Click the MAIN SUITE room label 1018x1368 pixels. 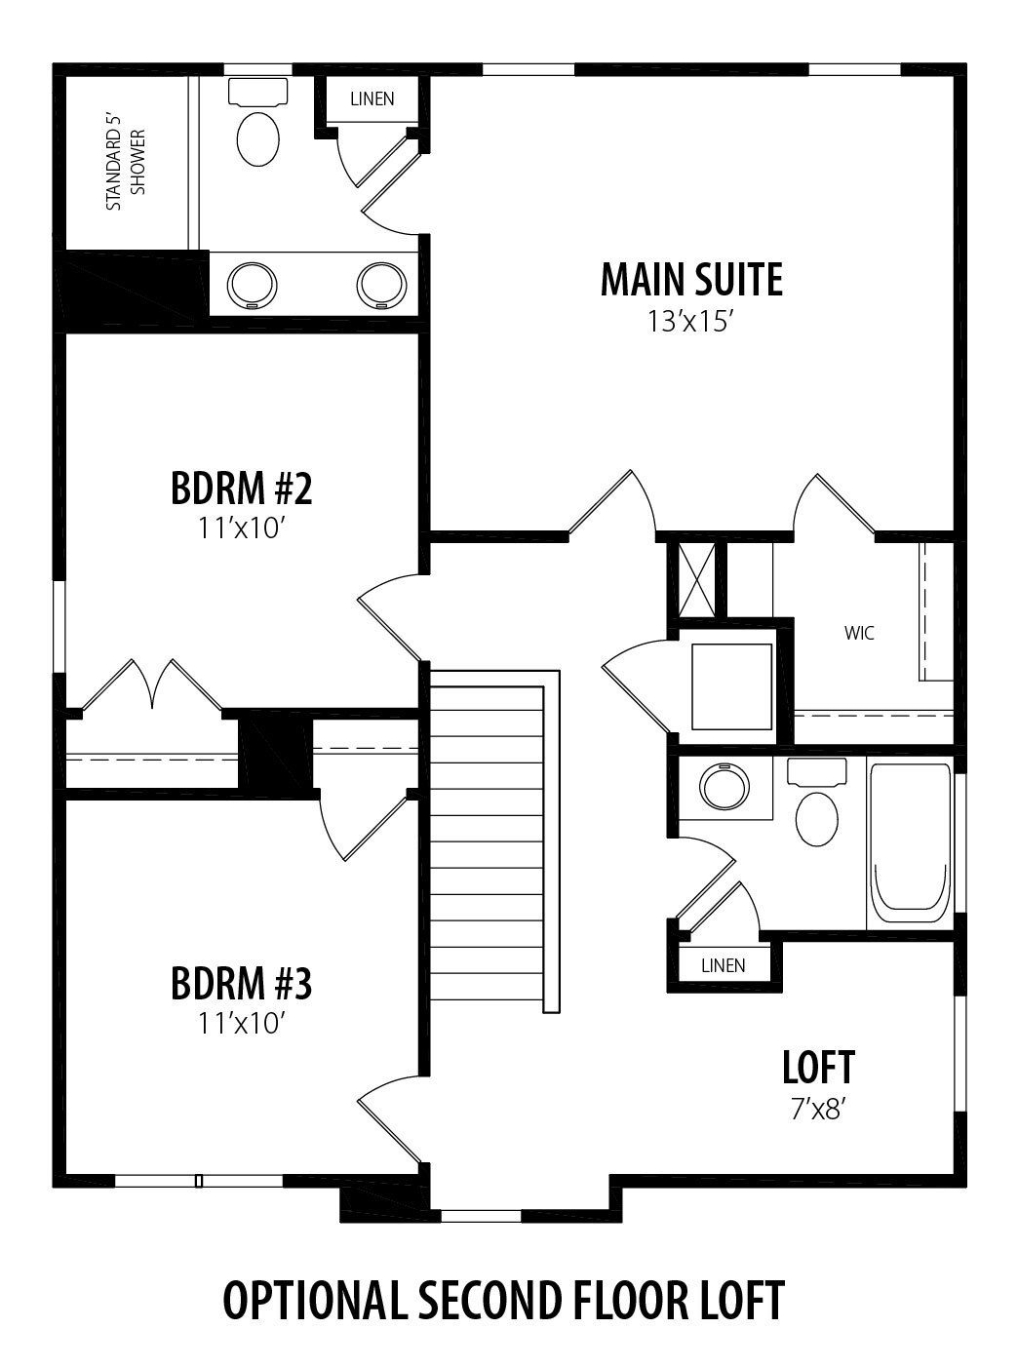tap(691, 280)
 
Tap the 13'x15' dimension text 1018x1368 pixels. tap(691, 322)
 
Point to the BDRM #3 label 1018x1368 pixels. tap(241, 984)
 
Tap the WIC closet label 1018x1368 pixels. tap(859, 633)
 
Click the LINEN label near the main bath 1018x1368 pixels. tap(372, 98)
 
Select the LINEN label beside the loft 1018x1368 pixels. tap(724, 965)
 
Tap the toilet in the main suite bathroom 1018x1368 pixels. tap(257, 122)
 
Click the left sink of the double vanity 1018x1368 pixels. tap(252, 286)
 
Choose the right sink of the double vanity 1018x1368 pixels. tap(382, 286)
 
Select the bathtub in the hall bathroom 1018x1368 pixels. tap(910, 843)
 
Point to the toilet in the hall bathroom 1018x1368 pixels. tap(817, 801)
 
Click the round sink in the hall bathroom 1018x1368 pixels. tap(724, 787)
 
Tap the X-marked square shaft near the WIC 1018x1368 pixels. tap(696, 579)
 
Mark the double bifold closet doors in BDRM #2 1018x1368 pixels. tap(152, 684)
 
